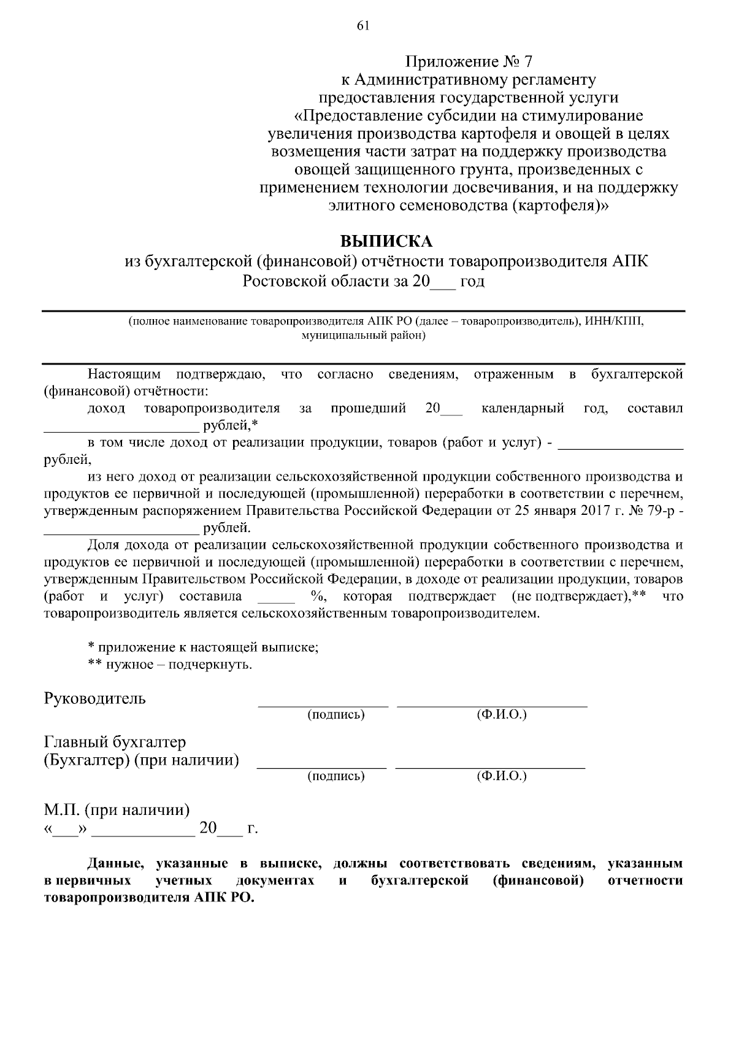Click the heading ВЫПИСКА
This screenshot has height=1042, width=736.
(x=386, y=240)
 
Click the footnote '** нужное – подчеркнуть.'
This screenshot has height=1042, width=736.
(x=170, y=664)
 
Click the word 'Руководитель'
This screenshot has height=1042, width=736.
(x=95, y=698)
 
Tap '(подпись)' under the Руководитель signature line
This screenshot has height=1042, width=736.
(x=336, y=714)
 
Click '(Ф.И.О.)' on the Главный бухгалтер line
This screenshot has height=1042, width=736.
(x=501, y=776)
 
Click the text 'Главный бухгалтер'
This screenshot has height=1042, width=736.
(x=115, y=743)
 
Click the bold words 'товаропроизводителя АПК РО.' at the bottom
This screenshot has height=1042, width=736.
(x=149, y=897)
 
